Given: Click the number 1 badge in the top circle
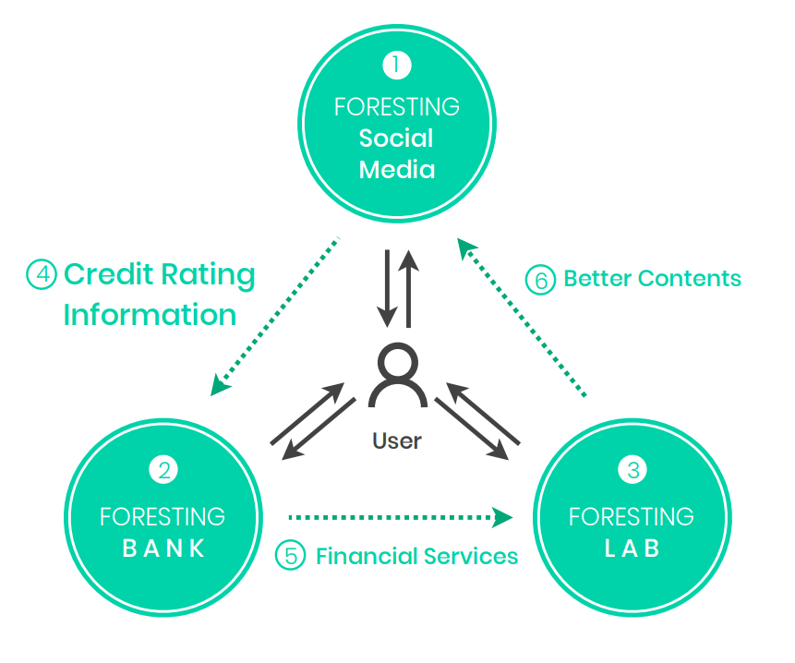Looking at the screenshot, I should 396,66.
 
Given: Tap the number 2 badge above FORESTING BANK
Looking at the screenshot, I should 163,471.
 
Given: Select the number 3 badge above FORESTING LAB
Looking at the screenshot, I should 632,471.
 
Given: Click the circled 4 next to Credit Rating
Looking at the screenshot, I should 42,274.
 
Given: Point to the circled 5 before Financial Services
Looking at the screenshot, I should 291,556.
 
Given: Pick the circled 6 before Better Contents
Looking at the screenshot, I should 540,279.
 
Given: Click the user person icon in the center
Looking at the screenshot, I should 397,376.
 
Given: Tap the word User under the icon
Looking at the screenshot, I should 397,440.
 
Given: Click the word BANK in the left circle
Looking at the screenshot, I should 163,548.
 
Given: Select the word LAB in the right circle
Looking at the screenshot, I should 632,548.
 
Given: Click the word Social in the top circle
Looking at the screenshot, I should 396,139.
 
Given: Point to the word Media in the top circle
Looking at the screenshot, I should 396,170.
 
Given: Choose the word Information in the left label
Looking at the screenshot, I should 150,315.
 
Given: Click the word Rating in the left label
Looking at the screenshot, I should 208,274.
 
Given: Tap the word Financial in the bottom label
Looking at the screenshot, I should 365,556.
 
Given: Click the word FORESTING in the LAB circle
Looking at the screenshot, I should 632,515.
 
